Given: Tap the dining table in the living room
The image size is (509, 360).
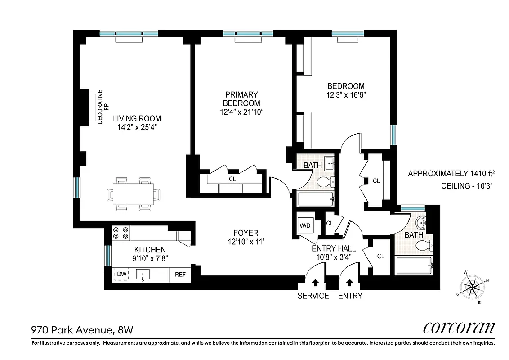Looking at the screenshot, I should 133,194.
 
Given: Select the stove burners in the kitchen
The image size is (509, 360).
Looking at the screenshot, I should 121,233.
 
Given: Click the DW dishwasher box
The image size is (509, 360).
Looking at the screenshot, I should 121,274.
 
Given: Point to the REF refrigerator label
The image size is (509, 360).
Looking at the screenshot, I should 180,274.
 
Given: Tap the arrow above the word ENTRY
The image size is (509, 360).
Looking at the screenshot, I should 350,283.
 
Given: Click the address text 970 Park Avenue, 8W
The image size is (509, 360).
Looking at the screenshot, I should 82,330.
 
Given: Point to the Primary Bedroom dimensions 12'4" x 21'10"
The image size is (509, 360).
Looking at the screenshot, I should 241,112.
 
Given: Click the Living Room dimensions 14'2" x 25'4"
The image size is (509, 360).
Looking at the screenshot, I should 137,127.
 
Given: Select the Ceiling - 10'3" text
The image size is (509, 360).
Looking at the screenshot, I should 464,186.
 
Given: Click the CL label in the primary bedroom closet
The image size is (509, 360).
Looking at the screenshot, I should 232,179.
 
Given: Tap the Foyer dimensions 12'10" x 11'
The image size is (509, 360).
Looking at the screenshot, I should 246,242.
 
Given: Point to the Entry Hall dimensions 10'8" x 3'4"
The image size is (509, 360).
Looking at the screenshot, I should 334,257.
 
